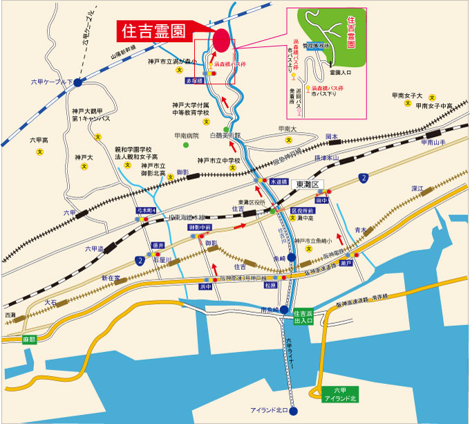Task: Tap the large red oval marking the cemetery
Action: tap(221, 39)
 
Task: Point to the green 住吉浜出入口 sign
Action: tap(303, 316)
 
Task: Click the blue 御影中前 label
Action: tap(200, 227)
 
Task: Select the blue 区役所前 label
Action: tap(302, 210)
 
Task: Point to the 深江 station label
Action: tap(416, 188)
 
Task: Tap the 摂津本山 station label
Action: tap(324, 158)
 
